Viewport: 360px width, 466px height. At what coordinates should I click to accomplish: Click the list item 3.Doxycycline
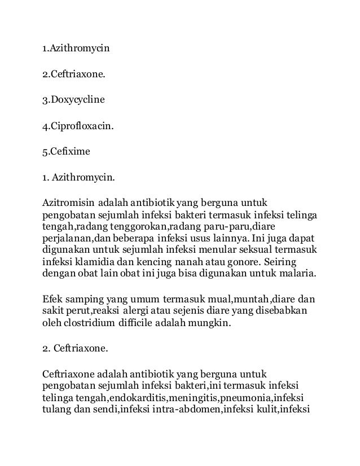point(74,101)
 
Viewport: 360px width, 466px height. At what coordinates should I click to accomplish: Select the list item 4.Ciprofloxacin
point(78,126)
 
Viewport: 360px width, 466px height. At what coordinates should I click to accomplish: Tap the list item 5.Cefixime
point(67,151)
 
